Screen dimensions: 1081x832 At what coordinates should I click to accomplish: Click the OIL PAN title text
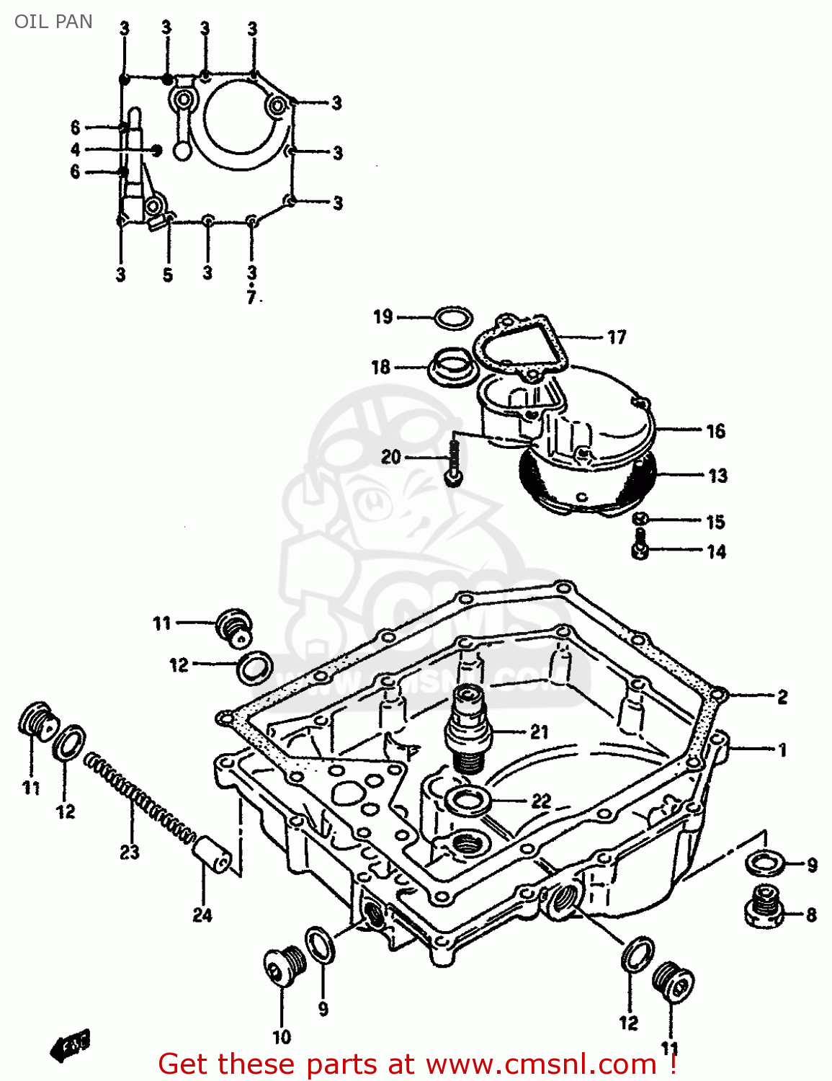click(x=53, y=22)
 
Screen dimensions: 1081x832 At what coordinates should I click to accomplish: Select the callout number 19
click(x=383, y=316)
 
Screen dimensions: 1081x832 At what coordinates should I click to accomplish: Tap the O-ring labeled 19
click(x=454, y=317)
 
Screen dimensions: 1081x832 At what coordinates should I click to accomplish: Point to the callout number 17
click(x=617, y=337)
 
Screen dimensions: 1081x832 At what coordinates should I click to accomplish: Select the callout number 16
click(x=715, y=431)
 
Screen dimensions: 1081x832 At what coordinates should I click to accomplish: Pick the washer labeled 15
click(x=641, y=519)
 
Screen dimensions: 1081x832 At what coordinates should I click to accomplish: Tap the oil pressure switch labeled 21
click(x=469, y=728)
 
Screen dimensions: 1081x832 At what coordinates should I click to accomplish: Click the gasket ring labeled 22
click(x=469, y=799)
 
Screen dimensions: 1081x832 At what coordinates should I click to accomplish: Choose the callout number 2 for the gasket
click(x=782, y=697)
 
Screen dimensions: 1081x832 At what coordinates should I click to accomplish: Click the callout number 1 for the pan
click(x=782, y=749)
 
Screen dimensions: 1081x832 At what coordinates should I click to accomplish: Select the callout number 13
click(x=717, y=476)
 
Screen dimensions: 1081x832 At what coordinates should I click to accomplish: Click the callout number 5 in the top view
click(x=168, y=275)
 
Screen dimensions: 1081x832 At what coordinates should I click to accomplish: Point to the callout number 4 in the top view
click(x=76, y=150)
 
